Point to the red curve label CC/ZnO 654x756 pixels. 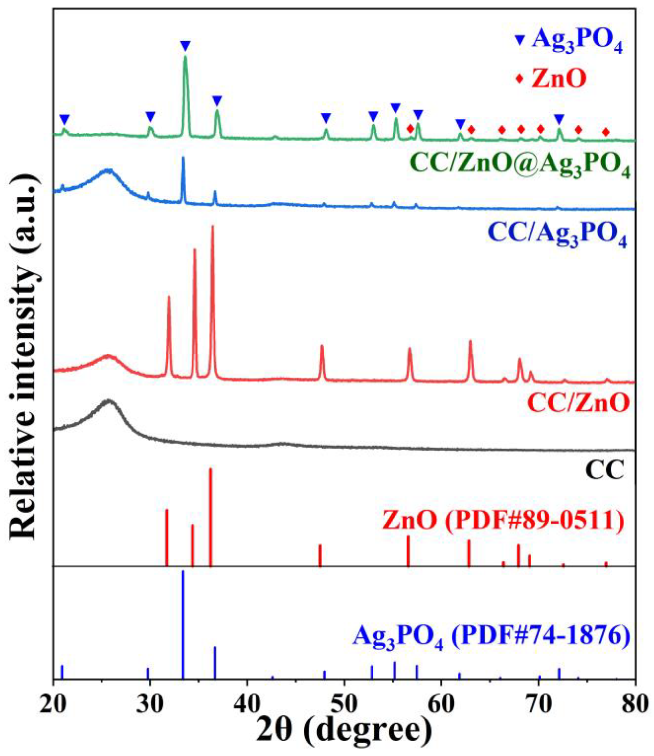click(x=578, y=403)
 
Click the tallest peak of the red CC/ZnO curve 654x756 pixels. click(x=213, y=227)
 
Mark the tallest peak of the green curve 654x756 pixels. click(x=185, y=57)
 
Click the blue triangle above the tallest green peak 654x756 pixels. click(x=185, y=46)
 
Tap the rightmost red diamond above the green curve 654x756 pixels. click(x=606, y=132)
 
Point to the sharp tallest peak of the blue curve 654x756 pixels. click(x=183, y=158)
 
